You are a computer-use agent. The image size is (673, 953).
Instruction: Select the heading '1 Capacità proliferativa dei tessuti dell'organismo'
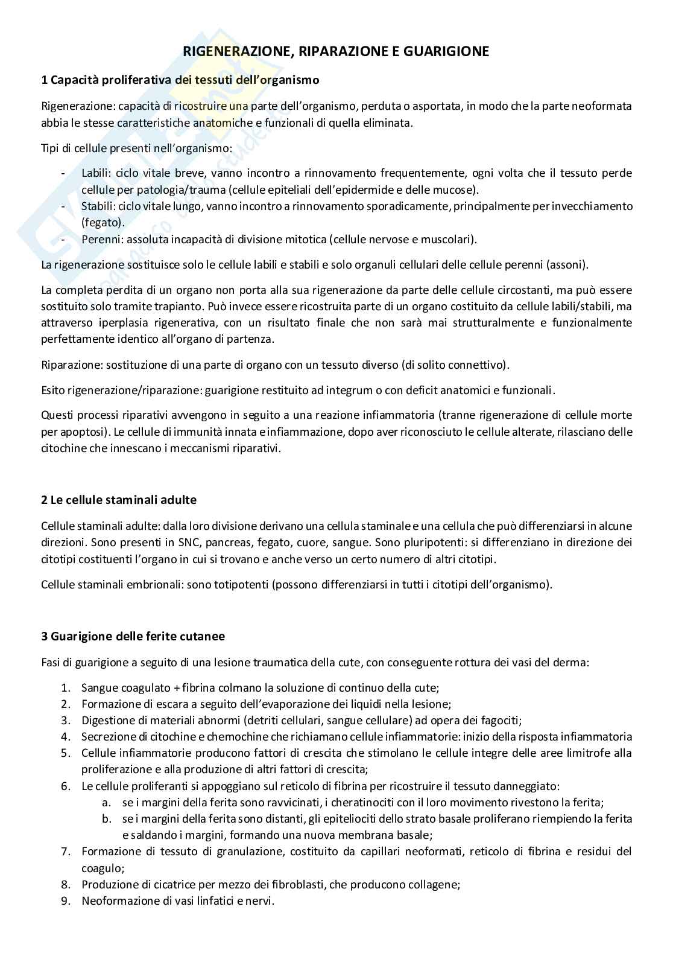click(x=180, y=80)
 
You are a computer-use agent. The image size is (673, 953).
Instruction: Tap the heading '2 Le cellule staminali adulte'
click(x=119, y=500)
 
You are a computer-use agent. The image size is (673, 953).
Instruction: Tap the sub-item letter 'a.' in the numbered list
click(x=106, y=803)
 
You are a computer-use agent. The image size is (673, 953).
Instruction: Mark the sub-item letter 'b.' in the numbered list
click(x=106, y=819)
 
